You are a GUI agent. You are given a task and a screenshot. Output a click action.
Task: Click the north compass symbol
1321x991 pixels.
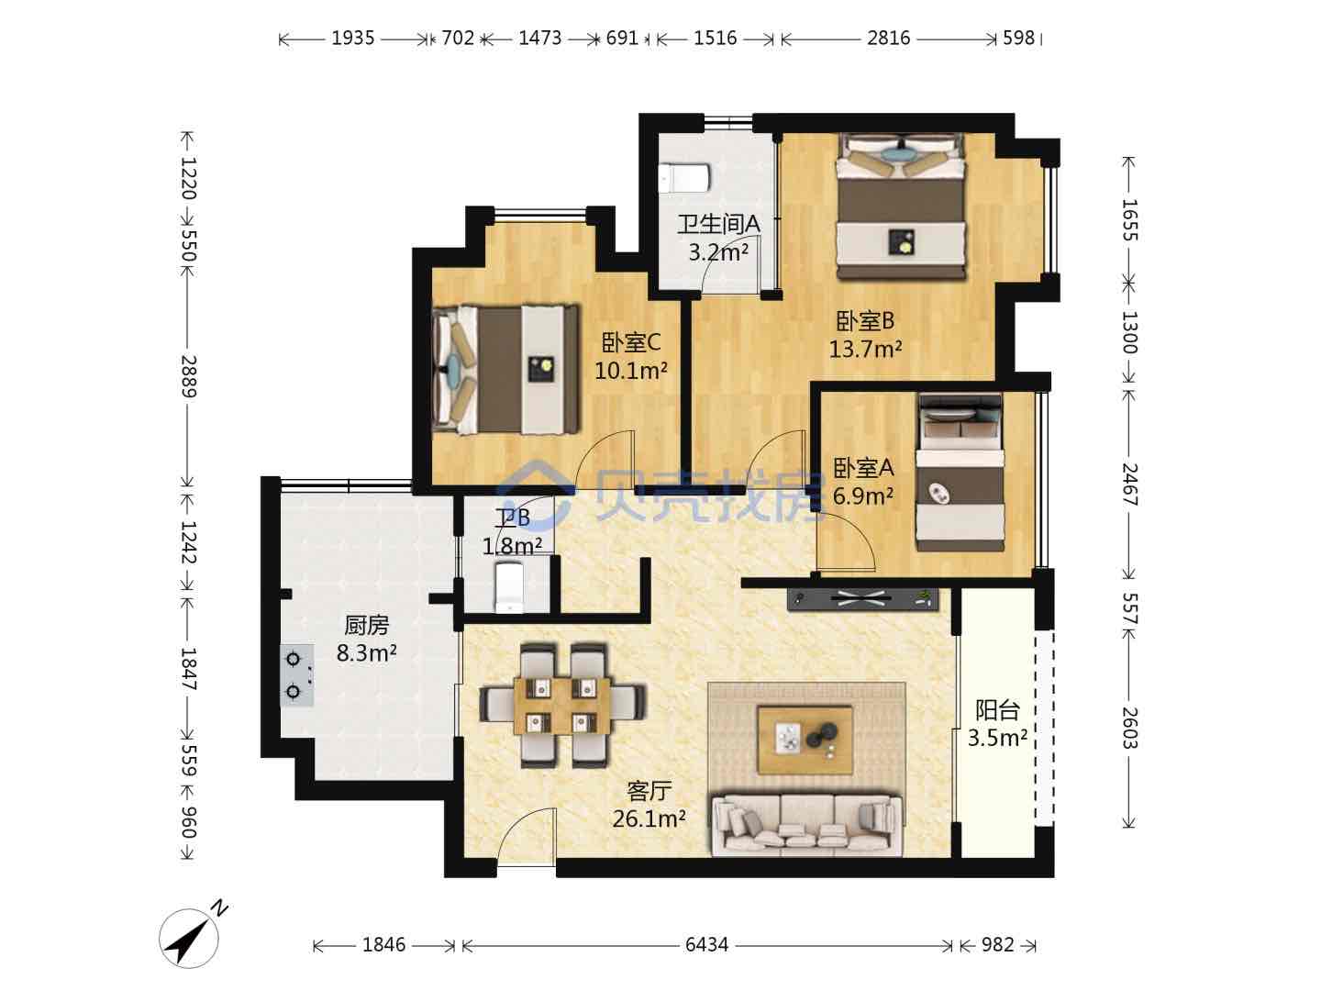click(189, 937)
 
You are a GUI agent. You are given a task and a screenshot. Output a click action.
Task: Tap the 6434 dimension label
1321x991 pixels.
click(706, 945)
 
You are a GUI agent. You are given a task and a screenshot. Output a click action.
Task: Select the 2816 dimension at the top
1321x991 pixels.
click(888, 39)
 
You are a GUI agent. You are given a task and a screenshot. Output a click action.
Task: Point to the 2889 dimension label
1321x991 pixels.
click(189, 376)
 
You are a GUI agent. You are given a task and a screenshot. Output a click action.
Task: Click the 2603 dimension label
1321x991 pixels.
click(1129, 728)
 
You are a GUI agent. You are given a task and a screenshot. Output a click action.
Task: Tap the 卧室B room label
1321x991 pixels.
click(865, 321)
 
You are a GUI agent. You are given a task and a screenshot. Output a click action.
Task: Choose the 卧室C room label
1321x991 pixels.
click(631, 343)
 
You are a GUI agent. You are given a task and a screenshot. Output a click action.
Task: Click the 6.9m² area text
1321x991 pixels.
click(862, 495)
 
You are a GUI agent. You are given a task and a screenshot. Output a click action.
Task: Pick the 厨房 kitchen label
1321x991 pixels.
click(367, 625)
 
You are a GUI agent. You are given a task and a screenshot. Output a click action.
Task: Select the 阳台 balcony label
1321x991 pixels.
click(997, 710)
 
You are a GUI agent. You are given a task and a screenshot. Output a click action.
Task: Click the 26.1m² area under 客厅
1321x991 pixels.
click(649, 818)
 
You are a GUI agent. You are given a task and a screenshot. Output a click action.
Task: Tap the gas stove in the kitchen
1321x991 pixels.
click(296, 675)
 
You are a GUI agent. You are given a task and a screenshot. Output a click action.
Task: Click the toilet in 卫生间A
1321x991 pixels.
click(685, 178)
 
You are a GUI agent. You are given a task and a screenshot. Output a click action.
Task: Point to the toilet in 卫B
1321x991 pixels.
click(509, 587)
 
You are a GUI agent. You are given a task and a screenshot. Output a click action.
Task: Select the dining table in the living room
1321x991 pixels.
click(562, 706)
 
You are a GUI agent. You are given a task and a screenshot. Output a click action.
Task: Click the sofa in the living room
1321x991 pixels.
click(806, 824)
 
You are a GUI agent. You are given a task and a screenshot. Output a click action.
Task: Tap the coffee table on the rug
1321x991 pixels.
click(805, 740)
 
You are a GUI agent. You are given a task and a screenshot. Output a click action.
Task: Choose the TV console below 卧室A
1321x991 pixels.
click(862, 598)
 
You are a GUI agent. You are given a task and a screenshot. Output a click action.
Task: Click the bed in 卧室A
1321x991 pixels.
click(960, 473)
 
